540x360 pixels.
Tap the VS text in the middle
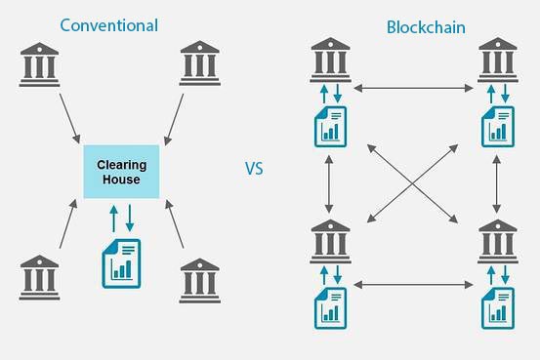254,169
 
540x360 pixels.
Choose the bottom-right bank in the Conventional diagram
200,279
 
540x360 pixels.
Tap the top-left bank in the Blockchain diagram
329,59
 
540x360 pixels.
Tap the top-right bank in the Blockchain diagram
497,59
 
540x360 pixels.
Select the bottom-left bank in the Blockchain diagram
329,240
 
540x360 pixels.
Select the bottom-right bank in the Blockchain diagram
497,240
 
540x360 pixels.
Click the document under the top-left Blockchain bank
329,126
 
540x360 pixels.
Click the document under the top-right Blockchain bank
497,126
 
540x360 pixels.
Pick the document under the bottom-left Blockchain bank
329,307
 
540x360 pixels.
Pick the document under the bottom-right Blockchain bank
497,307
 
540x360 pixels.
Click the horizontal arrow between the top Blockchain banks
413,89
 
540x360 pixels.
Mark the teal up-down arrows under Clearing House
121,216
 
